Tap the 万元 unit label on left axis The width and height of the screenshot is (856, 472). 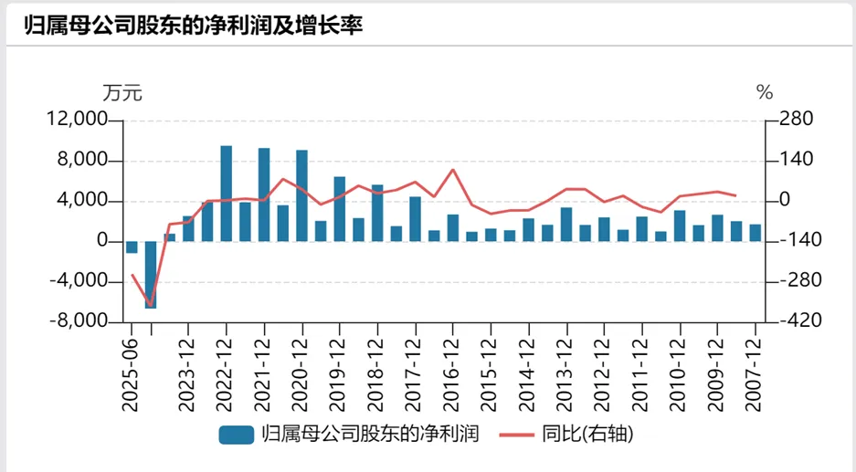122,93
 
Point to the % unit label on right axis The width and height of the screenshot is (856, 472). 765,93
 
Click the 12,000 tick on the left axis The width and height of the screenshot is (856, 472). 78,121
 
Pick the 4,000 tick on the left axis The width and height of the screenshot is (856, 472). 83,202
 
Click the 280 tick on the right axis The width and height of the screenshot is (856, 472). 795,121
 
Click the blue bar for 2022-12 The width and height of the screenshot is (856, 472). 226,194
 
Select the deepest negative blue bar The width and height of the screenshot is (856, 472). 151,274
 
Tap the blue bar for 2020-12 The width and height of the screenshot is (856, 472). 301,195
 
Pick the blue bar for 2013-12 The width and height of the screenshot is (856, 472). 566,225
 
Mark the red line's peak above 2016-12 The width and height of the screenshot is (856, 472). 453,169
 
